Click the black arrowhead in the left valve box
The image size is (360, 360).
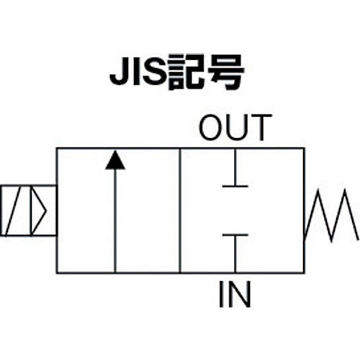tap(114, 160)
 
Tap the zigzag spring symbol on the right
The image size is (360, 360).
tap(332, 215)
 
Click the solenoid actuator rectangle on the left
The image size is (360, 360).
tap(28, 211)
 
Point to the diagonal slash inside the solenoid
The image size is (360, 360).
tap(14, 211)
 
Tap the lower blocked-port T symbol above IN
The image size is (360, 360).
tap(235, 248)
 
